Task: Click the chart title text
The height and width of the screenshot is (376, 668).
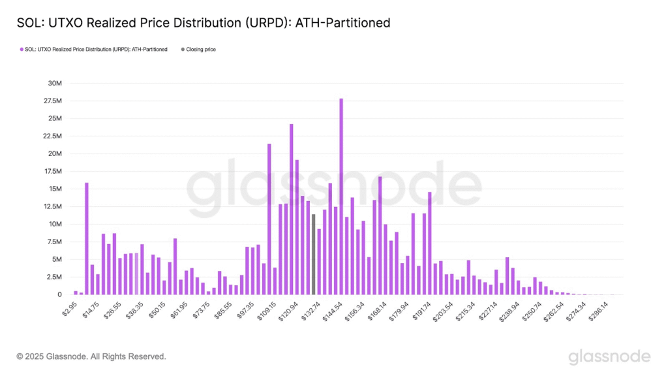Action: [x=203, y=23]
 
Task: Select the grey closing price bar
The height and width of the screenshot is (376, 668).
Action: [x=313, y=254]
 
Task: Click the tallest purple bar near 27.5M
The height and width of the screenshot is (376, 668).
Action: [x=341, y=196]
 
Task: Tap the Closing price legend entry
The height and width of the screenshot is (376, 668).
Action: [x=201, y=50]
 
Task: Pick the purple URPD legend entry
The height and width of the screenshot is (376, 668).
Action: [x=95, y=50]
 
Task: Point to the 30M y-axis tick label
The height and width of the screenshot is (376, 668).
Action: [x=53, y=84]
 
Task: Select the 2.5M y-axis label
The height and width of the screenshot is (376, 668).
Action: [x=53, y=277]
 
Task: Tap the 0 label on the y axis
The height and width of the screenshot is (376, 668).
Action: [x=59, y=294]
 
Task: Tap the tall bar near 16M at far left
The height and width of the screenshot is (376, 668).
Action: [x=87, y=238]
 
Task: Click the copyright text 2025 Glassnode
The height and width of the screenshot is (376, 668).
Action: [x=91, y=356]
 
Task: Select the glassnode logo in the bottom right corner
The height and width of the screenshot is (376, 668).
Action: [x=609, y=356]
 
